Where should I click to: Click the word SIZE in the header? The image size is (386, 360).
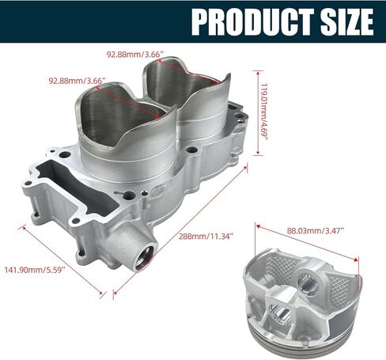point(347,21)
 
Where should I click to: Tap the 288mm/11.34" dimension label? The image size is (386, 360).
point(206,236)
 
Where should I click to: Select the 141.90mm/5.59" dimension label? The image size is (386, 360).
point(35,270)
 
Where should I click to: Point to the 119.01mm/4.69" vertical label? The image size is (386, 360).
point(264,112)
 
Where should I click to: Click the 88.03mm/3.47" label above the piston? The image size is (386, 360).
point(316,231)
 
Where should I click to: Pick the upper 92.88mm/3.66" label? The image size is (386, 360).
point(135,55)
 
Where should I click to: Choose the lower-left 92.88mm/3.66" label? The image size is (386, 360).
point(77,81)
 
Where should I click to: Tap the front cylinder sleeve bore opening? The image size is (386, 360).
point(120,116)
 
